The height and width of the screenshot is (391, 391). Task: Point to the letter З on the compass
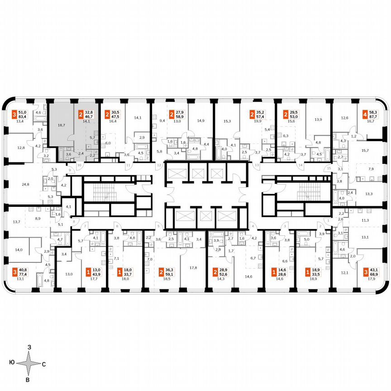point(29,347)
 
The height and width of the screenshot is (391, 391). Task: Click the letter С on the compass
point(43,364)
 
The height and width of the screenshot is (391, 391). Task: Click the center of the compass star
point(29,363)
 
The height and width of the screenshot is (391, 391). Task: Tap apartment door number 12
point(159,166)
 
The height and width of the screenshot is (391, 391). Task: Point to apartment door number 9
point(70,171)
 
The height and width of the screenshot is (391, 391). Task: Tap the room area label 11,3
point(365,220)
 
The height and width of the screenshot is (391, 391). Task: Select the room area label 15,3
point(227,121)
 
